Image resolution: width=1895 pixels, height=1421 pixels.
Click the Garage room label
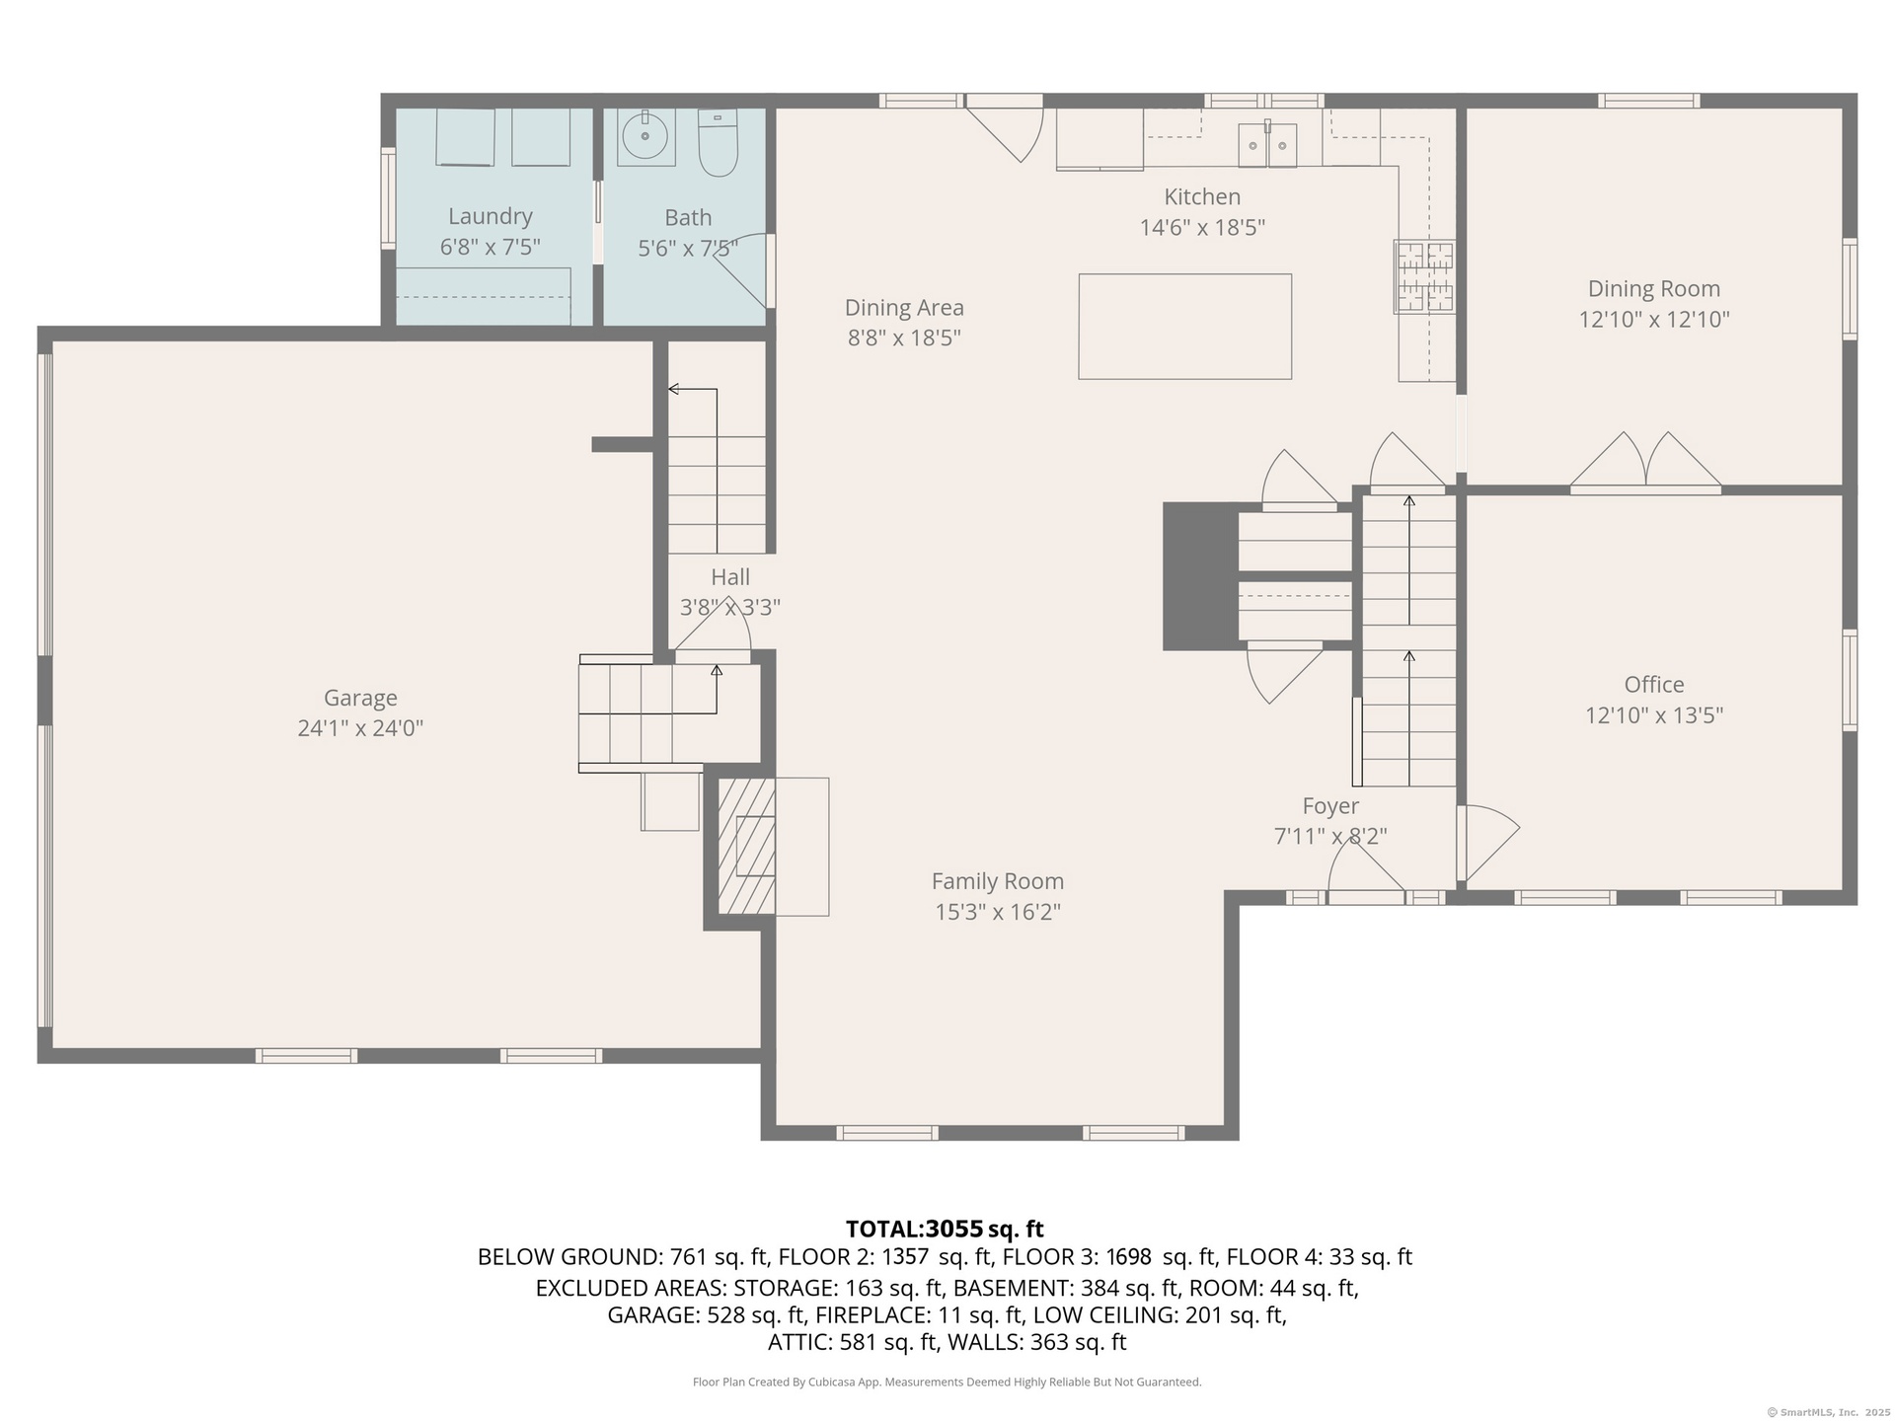tap(360, 698)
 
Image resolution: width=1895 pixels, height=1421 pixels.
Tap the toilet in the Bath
tap(718, 143)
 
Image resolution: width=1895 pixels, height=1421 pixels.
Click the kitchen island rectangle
tap(1184, 327)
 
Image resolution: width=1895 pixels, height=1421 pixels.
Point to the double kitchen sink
tap(1268, 146)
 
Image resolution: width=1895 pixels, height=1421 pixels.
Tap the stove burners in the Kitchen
tap(1424, 277)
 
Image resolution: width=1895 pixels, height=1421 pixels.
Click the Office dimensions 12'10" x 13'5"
tap(1654, 715)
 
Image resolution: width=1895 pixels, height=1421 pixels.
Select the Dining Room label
tap(1654, 289)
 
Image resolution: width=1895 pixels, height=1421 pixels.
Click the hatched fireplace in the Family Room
tap(746, 847)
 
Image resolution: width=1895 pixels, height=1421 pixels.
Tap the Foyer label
tap(1330, 806)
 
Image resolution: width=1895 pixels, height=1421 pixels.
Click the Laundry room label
tap(491, 216)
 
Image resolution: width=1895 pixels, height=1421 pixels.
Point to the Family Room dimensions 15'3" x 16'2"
tap(998, 912)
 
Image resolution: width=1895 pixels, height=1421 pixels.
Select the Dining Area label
tap(904, 308)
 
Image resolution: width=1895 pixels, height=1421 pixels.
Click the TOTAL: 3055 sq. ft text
tap(945, 1230)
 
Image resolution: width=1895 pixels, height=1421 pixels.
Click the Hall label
tap(730, 577)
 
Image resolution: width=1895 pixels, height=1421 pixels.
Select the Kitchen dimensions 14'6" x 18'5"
tap(1202, 228)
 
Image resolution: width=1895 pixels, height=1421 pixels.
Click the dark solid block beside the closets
tap(1200, 576)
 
